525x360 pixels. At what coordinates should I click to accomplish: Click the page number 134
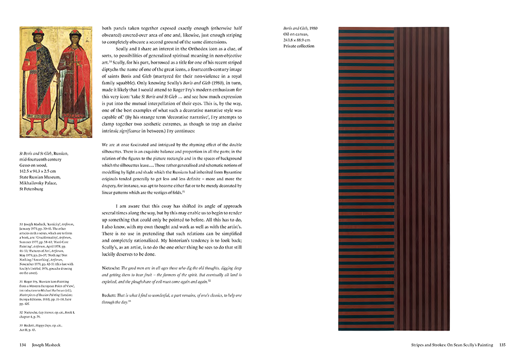[23, 345]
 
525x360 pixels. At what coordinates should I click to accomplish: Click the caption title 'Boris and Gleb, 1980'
[300, 28]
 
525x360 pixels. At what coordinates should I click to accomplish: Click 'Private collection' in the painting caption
[299, 47]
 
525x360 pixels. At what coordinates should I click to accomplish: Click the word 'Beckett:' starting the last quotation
[112, 296]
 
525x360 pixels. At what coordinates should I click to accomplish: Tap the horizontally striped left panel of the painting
[366, 178]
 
